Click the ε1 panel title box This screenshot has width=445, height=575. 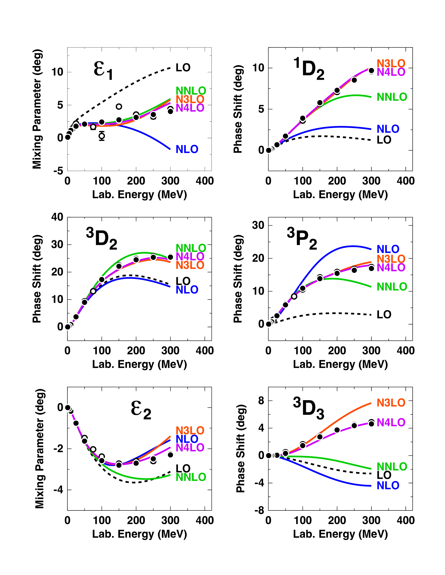pos(102,67)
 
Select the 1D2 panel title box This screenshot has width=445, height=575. pos(308,67)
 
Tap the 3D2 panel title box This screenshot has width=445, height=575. pos(102,237)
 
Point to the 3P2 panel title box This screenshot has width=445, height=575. pos(302,237)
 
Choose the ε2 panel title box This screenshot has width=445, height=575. pos(139,406)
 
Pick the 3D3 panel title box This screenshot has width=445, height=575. pos(308,406)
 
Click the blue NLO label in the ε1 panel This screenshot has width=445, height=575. pos(187,149)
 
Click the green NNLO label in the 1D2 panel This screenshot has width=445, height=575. pos(392,97)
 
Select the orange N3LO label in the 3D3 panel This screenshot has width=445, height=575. pos(391,403)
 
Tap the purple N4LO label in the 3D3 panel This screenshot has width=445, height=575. pos(391,423)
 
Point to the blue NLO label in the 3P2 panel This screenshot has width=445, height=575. pos(388,249)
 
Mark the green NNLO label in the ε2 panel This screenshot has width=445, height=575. pos(191,477)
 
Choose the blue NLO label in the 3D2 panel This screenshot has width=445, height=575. pos(187,290)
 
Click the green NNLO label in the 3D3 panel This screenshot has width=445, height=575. pos(392,467)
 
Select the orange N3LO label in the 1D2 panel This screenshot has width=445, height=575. pos(391,64)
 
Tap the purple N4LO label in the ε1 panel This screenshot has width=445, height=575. pos(190,108)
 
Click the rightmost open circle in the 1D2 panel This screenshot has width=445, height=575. pos(371,71)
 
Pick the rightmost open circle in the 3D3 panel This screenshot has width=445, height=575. pos(371,424)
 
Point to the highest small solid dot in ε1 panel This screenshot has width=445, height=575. pos(119,107)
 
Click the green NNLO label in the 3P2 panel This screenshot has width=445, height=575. pos(392,287)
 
